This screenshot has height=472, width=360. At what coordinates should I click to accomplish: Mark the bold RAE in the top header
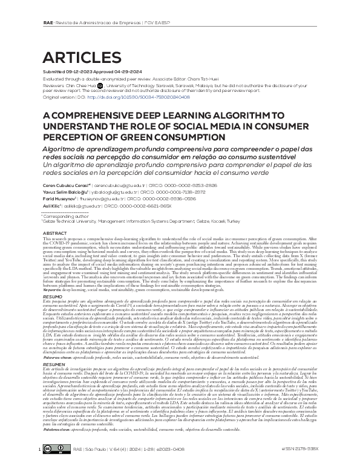[x=48, y=5]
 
